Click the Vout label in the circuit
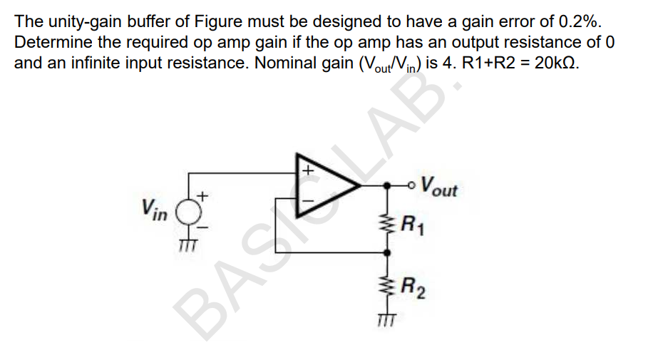click(x=439, y=188)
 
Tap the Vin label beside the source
click(x=155, y=209)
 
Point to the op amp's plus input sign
click(x=308, y=172)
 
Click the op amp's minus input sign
click(x=308, y=202)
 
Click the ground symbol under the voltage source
click(x=187, y=245)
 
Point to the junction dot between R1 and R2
click(x=388, y=252)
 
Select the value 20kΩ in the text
click(x=556, y=62)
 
